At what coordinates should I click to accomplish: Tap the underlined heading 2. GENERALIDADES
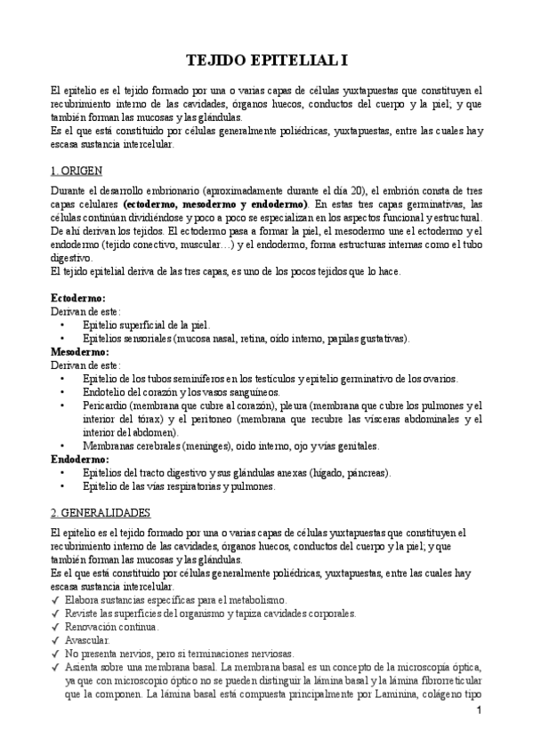click(100, 513)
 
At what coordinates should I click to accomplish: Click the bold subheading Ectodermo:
click(77, 298)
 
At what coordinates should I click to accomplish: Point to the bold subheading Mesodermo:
click(79, 351)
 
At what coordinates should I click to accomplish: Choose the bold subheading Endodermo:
click(79, 459)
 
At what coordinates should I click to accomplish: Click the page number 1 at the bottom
click(478, 711)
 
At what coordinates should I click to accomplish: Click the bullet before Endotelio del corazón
click(61, 392)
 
